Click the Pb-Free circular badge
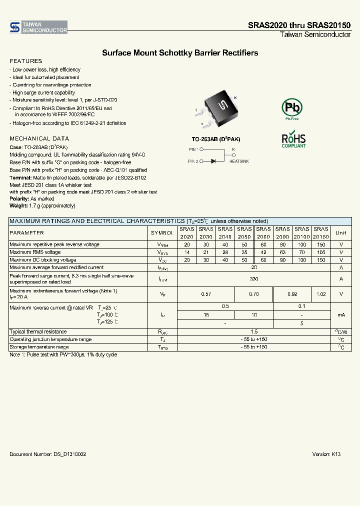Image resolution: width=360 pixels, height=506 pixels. (291, 108)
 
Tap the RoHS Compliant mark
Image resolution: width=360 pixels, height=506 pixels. (293, 140)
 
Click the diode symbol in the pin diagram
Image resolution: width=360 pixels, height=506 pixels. (213, 161)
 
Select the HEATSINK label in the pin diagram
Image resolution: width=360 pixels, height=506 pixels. (238, 161)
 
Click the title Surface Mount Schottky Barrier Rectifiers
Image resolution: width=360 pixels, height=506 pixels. (180, 52)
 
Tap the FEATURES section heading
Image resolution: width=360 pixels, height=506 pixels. (22, 61)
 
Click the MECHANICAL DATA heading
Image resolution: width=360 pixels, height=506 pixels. (39, 138)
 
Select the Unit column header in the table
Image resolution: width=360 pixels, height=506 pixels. (340, 233)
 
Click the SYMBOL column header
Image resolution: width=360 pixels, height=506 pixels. (162, 233)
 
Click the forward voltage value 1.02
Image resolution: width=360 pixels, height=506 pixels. (320, 294)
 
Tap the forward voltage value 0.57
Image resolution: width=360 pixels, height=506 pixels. (206, 294)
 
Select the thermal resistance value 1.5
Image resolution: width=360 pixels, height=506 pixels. (254, 332)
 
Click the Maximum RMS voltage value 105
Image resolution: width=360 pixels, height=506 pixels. (320, 252)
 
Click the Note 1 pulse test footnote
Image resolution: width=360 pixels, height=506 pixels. (63, 354)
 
